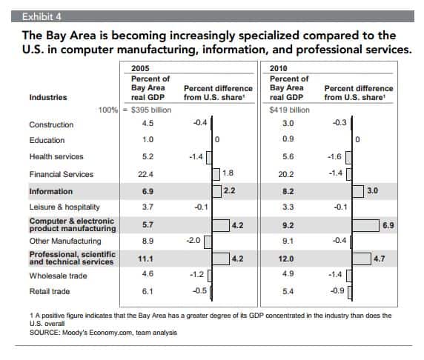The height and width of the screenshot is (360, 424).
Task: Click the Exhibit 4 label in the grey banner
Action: pos(42,17)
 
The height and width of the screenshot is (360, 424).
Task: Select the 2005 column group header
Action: pos(140,68)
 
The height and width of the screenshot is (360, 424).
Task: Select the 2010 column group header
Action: pos(278,68)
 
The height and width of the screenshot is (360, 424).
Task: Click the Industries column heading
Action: pos(48,97)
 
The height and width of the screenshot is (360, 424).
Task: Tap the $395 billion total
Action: pos(151,110)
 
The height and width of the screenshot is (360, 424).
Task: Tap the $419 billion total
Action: pos(290,110)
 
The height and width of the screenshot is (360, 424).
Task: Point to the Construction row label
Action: pos(51,124)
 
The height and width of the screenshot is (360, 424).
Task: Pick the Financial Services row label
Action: pos(62,174)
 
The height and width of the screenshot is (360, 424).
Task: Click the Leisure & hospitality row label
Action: pos(64,207)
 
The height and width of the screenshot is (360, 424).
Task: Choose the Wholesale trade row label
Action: pos(58,276)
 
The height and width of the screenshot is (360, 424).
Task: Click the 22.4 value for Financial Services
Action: pos(145,174)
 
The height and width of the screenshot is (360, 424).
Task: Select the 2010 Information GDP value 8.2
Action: pos(288,191)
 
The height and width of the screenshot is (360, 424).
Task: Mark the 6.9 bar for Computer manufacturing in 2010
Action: pos(365,225)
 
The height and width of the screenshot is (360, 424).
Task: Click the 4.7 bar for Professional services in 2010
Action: pos(362,259)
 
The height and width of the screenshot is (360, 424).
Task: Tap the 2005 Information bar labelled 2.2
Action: pos(217,191)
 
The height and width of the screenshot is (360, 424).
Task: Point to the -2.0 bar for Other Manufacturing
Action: pos(208,242)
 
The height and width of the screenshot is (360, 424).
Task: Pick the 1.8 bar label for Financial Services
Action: pos(228,173)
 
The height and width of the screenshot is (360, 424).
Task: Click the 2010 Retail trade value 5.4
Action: pos(288,291)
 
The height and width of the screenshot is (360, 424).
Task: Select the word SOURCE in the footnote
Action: pos(45,333)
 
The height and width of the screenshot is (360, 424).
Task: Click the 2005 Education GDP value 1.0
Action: pos(148,139)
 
